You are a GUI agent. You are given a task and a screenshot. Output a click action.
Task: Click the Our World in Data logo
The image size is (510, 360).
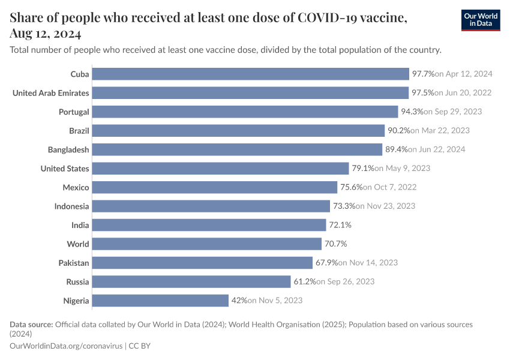(x=481, y=20)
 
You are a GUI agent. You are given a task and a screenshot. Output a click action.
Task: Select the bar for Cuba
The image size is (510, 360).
(x=250, y=74)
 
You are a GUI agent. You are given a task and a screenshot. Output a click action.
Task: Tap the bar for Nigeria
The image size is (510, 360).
(x=160, y=301)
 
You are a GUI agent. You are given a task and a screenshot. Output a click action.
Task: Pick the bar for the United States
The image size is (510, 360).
(x=220, y=169)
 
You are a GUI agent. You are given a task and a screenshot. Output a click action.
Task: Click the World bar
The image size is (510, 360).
(x=207, y=244)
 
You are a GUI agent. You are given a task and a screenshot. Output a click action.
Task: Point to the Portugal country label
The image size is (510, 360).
(x=74, y=112)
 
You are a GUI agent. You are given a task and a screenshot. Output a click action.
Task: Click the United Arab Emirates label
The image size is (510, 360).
(x=51, y=93)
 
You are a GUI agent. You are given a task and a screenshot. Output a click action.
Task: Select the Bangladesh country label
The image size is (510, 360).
(x=68, y=149)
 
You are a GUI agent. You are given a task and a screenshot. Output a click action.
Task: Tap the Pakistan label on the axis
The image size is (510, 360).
(x=74, y=263)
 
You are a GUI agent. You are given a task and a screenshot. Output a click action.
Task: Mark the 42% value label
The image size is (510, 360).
(x=239, y=301)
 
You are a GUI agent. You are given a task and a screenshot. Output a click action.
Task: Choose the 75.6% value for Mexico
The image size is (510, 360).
(x=352, y=187)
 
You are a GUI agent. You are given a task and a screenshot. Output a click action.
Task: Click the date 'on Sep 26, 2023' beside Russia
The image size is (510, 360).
(x=346, y=282)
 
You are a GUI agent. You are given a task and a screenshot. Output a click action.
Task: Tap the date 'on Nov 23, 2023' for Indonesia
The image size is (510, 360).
(x=385, y=206)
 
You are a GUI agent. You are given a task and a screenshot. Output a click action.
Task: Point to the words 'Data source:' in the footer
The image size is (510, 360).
(x=31, y=325)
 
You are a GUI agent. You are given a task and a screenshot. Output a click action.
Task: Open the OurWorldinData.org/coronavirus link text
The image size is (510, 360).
(x=66, y=346)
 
